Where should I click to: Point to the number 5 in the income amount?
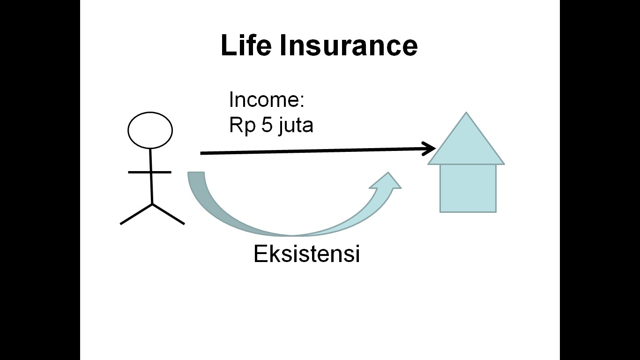point(267,125)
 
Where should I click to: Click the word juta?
point(296,126)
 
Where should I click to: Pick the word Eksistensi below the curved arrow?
point(307,254)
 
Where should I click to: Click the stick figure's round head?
point(150,130)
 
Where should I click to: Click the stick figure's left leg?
point(136,214)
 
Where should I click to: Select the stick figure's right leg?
point(168,214)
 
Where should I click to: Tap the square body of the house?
point(468,188)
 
